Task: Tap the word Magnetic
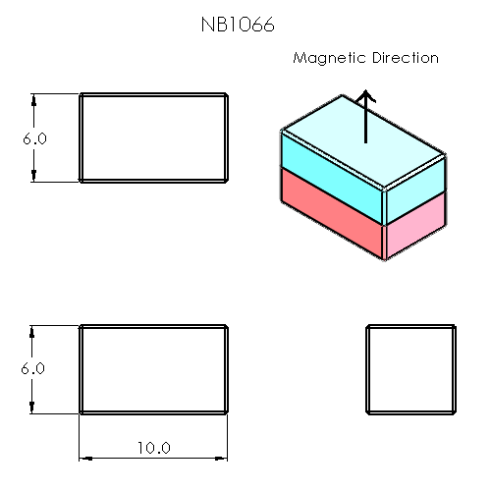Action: pyautogui.click(x=329, y=58)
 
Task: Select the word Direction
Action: pyautogui.click(x=404, y=58)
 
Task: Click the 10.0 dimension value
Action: pyautogui.click(x=154, y=448)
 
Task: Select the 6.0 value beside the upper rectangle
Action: pyautogui.click(x=34, y=138)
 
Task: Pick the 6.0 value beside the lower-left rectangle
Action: pyautogui.click(x=34, y=369)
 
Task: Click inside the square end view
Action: pyautogui.click(x=411, y=369)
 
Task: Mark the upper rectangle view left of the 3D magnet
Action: pyautogui.click(x=154, y=137)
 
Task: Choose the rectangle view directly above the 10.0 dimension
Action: pyautogui.click(x=154, y=369)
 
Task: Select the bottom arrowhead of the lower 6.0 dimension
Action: pyautogui.click(x=34, y=408)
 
